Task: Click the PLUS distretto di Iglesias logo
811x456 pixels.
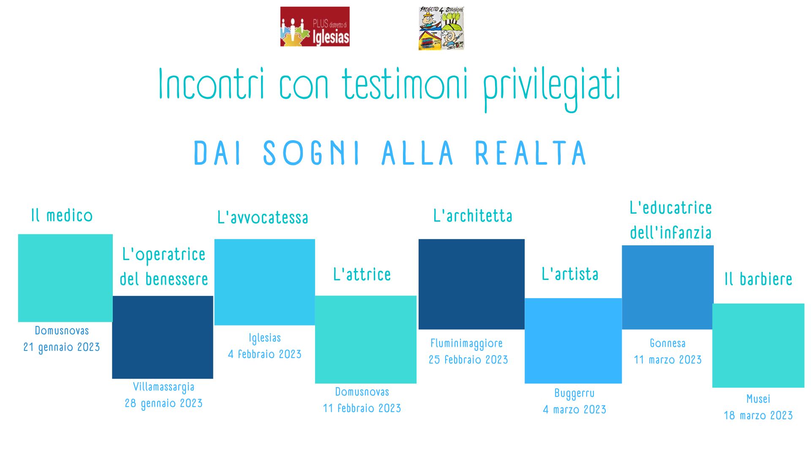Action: click(x=315, y=27)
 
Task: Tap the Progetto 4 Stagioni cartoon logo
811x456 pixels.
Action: click(x=441, y=28)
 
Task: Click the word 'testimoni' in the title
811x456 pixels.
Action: click(x=405, y=84)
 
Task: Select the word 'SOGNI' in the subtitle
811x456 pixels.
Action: click(x=312, y=153)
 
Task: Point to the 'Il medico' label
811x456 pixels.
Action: click(x=62, y=215)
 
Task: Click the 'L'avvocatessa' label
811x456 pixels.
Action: click(x=263, y=217)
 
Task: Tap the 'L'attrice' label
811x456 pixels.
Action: click(x=362, y=274)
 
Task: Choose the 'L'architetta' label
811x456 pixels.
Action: click(x=473, y=216)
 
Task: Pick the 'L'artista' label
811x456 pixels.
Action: click(x=570, y=274)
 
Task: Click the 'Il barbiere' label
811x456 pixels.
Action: click(x=758, y=279)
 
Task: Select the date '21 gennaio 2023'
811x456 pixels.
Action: click(x=62, y=347)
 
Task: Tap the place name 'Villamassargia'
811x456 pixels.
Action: click(x=163, y=387)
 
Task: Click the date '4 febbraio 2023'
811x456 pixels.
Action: click(x=265, y=354)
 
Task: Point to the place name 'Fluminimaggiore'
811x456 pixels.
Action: click(x=466, y=343)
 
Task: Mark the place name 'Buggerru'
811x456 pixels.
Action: click(x=574, y=394)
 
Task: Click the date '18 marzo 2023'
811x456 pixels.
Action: click(x=758, y=415)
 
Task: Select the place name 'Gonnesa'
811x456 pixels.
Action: click(x=667, y=343)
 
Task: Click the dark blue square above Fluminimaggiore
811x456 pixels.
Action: click(x=471, y=284)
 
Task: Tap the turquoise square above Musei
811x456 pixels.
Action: click(x=758, y=345)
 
